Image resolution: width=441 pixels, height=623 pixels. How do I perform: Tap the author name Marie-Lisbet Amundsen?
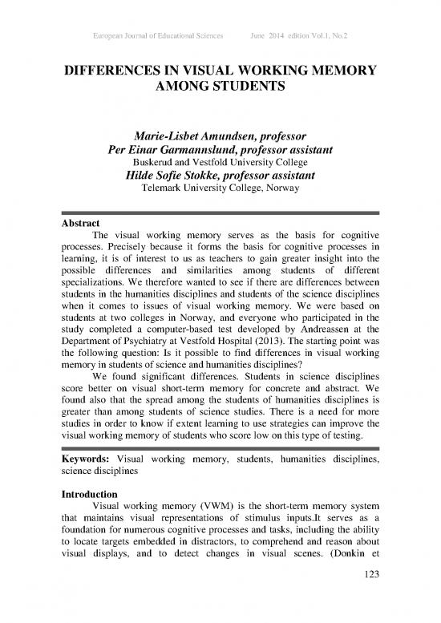click(172, 133)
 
